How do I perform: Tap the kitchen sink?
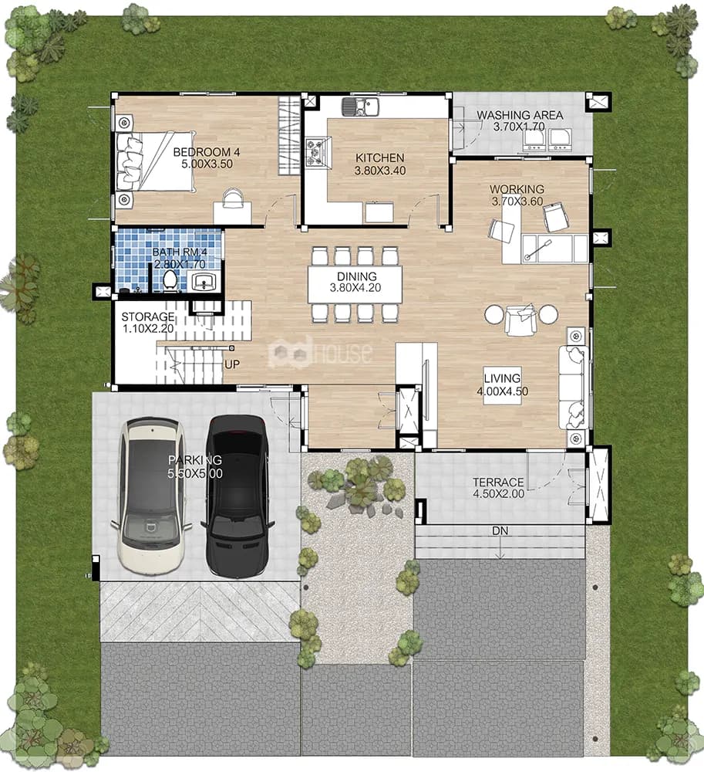tap(360, 107)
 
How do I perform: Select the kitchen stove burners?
tap(314, 151)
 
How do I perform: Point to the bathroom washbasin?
tap(204, 282)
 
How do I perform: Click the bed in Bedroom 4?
tap(155, 161)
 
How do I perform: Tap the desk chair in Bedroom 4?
tap(233, 197)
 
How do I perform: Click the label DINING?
tap(357, 276)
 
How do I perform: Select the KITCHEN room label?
tap(380, 158)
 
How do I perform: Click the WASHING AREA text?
tap(520, 115)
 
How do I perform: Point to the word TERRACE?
tap(498, 482)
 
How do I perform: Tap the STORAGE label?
tap(148, 317)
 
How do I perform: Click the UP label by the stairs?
tap(232, 364)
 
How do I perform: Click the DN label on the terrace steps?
tap(500, 531)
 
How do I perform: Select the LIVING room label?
tap(502, 378)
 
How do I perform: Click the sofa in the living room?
tap(573, 388)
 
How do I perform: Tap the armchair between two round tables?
tap(520, 319)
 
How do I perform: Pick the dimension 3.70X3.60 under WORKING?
tap(517, 201)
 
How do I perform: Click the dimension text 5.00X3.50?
tap(207, 164)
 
